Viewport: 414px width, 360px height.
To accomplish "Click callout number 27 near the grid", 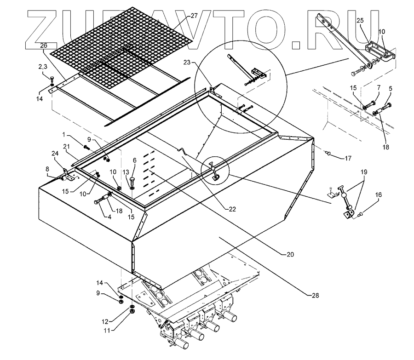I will [194, 16].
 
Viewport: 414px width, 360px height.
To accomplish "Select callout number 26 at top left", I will [44, 46].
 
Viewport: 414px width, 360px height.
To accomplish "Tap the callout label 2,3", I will [43, 68].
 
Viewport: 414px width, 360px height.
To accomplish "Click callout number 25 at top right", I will [359, 21].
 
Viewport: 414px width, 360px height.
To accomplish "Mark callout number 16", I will [379, 195].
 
